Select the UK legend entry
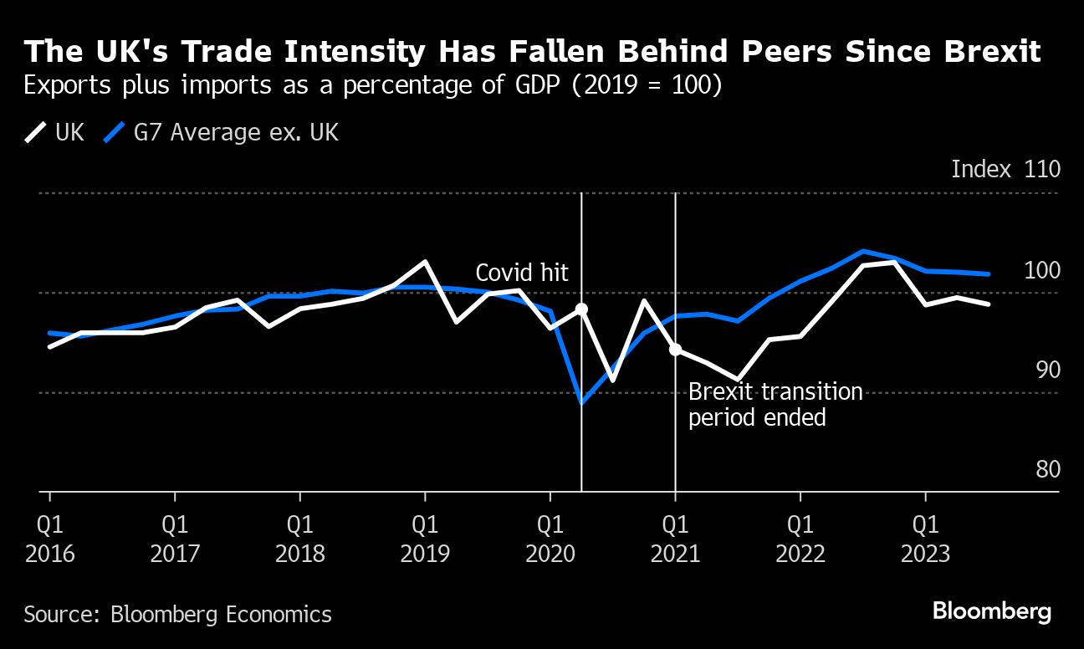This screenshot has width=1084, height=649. (55, 132)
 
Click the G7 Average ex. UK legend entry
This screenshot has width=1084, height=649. (222, 132)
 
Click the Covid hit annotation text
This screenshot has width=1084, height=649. (522, 273)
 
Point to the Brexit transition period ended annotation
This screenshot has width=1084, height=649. (775, 405)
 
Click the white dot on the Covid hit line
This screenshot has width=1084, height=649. (581, 309)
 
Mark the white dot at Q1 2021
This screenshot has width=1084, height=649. (675, 350)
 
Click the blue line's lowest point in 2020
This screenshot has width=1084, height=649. (581, 402)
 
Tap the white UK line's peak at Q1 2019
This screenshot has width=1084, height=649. (425, 262)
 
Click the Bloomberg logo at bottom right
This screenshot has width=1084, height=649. (992, 611)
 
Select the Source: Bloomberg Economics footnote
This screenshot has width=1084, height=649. (177, 615)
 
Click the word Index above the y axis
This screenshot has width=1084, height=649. (981, 169)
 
